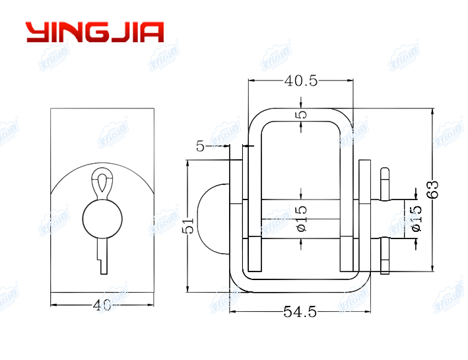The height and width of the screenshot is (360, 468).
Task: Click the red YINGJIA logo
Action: point(94,32)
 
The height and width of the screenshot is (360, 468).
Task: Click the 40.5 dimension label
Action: point(301,81)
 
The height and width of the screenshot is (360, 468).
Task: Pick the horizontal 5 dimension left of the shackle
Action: point(200,146)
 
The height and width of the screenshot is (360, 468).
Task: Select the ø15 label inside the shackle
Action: point(301,218)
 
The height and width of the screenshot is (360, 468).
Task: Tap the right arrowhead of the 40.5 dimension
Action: point(349,81)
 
